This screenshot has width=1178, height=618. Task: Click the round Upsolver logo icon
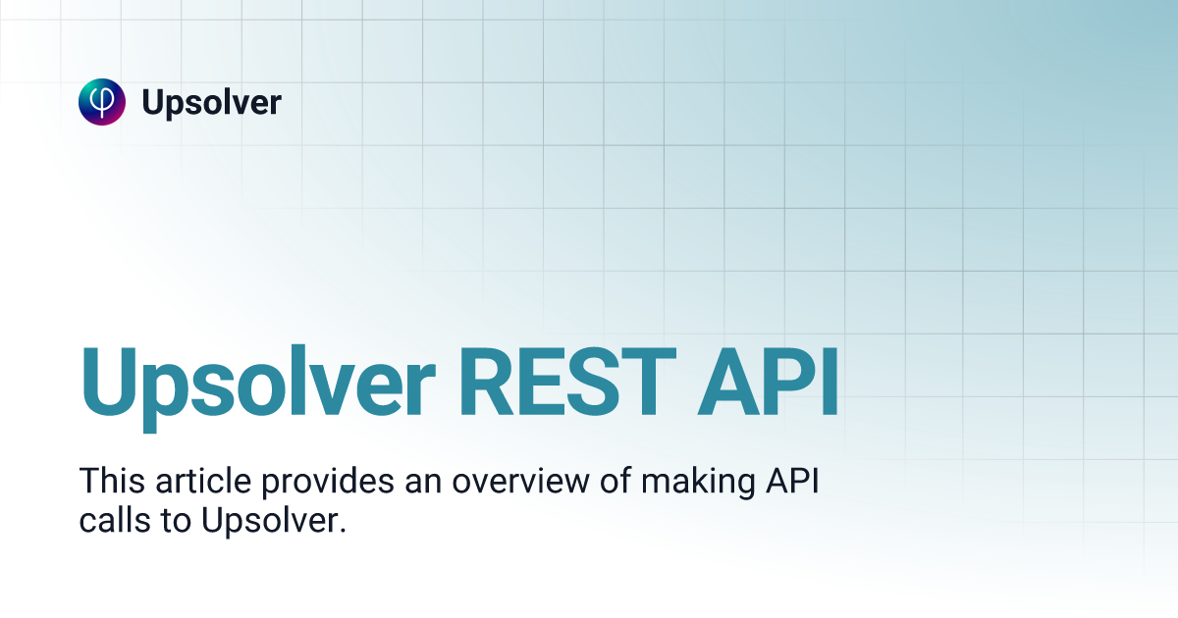102,102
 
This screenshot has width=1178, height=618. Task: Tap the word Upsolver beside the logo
211,102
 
